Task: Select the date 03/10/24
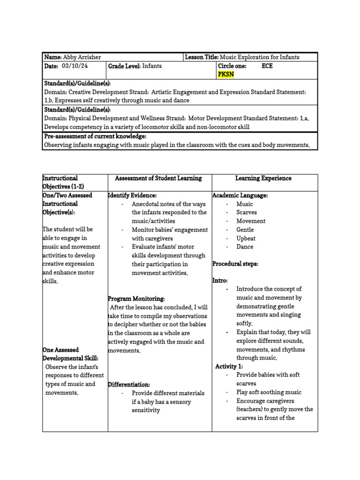[75, 66]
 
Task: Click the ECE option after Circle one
[267, 66]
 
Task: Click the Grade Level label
[124, 66]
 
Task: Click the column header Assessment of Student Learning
[158, 178]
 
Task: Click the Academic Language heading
[240, 195]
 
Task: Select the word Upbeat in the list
[246, 238]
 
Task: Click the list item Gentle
[245, 230]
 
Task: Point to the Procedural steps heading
[235, 264]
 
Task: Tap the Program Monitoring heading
[136, 299]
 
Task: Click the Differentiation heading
[129, 384]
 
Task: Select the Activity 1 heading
[229, 366]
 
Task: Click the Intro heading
[220, 280]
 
